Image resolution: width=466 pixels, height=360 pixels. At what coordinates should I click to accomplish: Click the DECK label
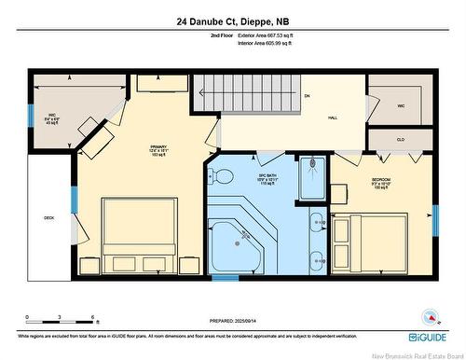point(48,218)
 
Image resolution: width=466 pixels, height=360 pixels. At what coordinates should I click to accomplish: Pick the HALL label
point(332,118)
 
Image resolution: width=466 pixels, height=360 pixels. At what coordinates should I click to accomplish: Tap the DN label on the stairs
point(307,96)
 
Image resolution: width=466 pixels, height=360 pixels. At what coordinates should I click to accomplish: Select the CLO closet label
point(400,140)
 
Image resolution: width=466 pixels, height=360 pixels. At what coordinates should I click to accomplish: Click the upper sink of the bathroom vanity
point(316,222)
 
